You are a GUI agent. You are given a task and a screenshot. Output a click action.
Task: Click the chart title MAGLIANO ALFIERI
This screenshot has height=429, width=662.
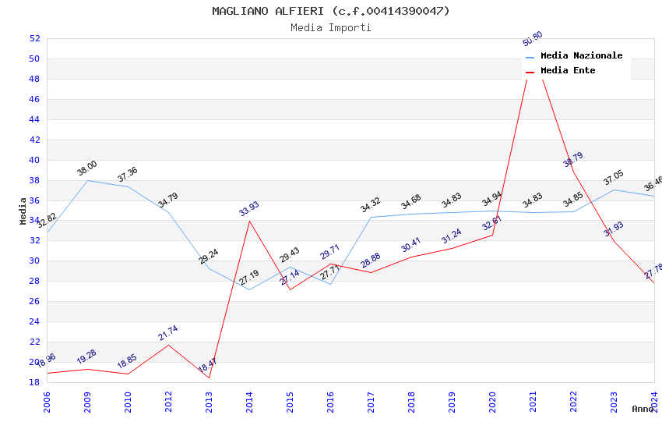click(330, 11)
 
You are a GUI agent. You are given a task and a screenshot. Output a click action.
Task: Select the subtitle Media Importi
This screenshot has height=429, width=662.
click(330, 27)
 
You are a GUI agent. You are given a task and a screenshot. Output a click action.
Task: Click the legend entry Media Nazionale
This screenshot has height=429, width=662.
click(581, 56)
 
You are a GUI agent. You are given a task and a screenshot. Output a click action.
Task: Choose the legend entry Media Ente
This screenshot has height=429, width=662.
click(568, 71)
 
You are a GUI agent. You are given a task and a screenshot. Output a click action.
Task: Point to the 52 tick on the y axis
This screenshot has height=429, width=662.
click(34, 38)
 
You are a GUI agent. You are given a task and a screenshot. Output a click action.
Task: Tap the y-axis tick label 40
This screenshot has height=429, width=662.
click(34, 160)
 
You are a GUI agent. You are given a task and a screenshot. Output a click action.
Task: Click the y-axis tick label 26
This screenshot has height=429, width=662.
click(34, 301)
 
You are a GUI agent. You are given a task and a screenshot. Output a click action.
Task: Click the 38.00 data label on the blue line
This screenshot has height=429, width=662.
click(87, 168)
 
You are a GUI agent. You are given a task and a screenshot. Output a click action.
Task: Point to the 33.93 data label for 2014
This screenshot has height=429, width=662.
click(249, 208)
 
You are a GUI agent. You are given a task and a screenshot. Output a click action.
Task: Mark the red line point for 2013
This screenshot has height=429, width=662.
click(209, 378)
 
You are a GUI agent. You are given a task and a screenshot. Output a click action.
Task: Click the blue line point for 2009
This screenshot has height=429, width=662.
click(87, 180)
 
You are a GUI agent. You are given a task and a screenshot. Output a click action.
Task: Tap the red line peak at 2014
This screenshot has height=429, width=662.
click(249, 221)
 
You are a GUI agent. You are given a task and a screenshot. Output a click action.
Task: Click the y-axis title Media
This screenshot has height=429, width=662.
click(23, 211)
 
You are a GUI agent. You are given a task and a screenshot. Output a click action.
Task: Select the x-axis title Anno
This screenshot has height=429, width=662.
click(643, 409)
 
